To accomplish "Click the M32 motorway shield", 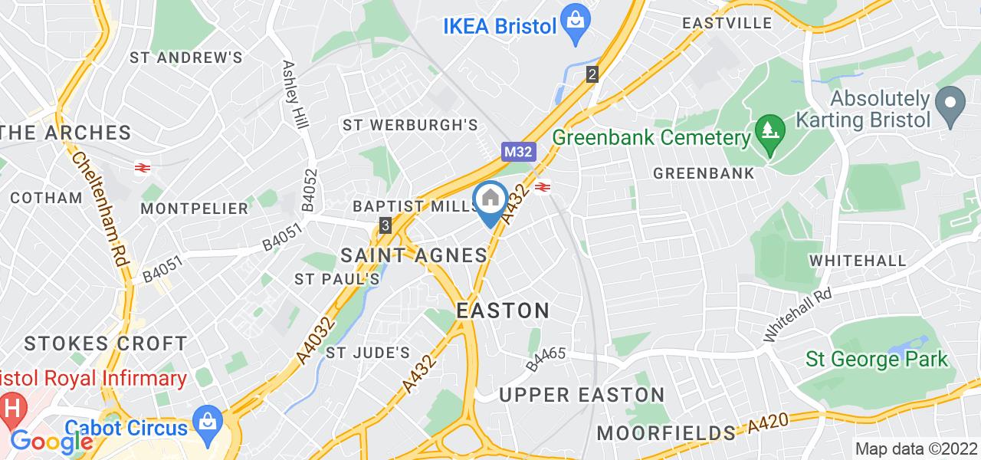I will pyautogui.click(x=518, y=152).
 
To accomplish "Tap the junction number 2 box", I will pyautogui.click(x=592, y=75).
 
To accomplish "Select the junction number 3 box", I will pyautogui.click(x=386, y=225).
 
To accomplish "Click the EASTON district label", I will pyautogui.click(x=503, y=310).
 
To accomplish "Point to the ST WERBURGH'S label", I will pyautogui.click(x=410, y=124).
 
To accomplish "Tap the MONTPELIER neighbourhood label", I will pyautogui.click(x=195, y=209).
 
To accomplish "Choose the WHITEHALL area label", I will pyautogui.click(x=858, y=261).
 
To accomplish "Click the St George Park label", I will pyautogui.click(x=876, y=359).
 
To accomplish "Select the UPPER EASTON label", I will pyautogui.click(x=582, y=395).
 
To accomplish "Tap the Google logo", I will pyautogui.click(x=51, y=441).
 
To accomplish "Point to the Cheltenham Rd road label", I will pyautogui.click(x=100, y=207).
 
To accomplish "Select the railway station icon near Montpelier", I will pyautogui.click(x=142, y=168).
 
